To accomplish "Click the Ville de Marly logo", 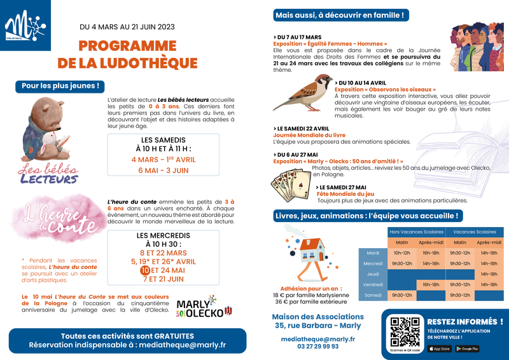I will click(27, 26).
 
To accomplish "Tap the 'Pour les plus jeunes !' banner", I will click(60, 85).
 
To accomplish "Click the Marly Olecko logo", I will click(203, 307).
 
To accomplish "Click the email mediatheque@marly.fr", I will click(191, 345).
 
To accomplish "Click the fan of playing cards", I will click(289, 186).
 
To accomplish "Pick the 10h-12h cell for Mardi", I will click(402, 253).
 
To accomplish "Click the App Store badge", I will click(440, 349).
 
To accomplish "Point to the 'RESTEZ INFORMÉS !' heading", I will click(465, 322).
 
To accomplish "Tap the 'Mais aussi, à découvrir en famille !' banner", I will click(340, 15).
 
